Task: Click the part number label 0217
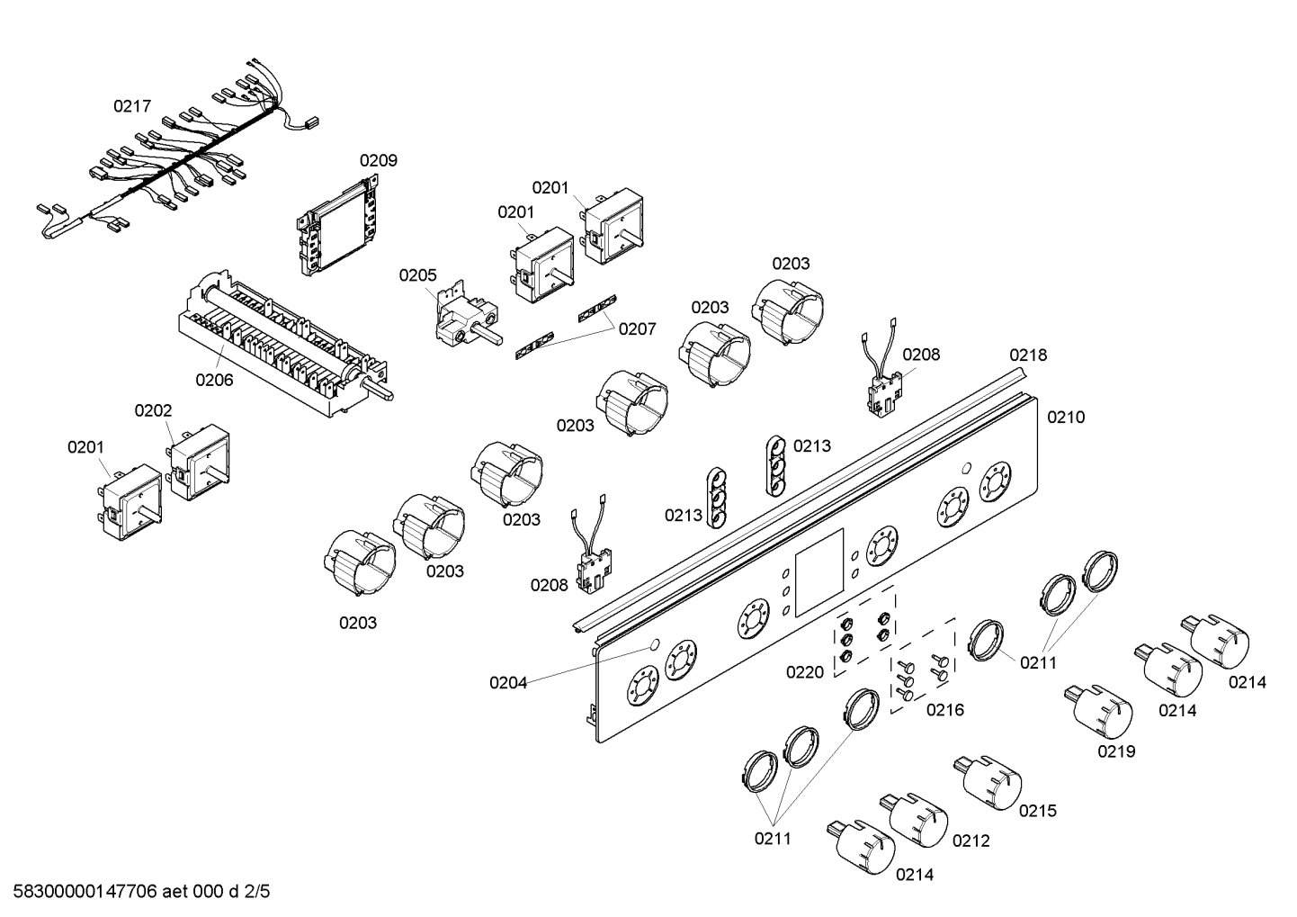(132, 106)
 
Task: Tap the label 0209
(379, 160)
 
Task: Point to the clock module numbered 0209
(339, 225)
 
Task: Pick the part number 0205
(417, 275)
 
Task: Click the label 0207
(637, 329)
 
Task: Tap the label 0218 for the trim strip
(1028, 355)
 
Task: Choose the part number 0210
(1066, 417)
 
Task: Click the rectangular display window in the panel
(819, 572)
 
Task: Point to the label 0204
(508, 683)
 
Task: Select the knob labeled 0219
(1098, 712)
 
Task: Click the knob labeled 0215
(988, 782)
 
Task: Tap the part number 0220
(805, 672)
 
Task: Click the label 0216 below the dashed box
(945, 710)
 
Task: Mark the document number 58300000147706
(85, 892)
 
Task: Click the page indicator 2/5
(257, 892)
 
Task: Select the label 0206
(214, 380)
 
